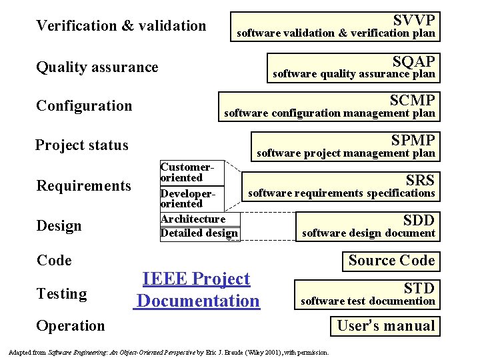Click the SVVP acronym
(413, 20)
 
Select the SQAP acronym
(413, 61)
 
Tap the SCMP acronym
(413, 101)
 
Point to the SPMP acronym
(413, 141)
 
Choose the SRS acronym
(419, 180)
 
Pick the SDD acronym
(419, 220)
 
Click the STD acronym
(419, 288)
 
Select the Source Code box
(391, 261)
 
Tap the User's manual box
(385, 326)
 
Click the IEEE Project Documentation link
(197, 290)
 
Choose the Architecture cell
(193, 219)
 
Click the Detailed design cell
(199, 233)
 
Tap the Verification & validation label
(121, 26)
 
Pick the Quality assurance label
(97, 67)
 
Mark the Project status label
(82, 145)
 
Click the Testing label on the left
(61, 294)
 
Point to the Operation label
(71, 326)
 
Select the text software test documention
(367, 301)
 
